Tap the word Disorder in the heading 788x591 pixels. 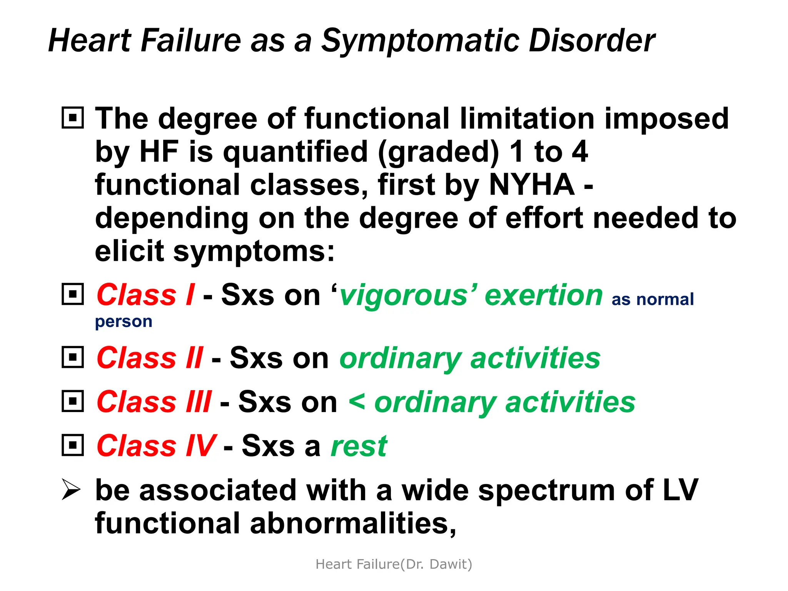pyautogui.click(x=592, y=41)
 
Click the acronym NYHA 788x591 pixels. pyautogui.click(x=532, y=185)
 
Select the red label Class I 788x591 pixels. pyautogui.click(x=145, y=295)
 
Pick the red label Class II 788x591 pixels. pyautogui.click(x=150, y=358)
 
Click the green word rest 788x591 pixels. pyautogui.click(x=359, y=446)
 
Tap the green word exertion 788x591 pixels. pyautogui.click(x=544, y=295)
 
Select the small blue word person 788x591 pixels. pyautogui.click(x=124, y=322)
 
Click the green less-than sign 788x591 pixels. pyautogui.click(x=357, y=401)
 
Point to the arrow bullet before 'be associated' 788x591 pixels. pyautogui.click(x=71, y=490)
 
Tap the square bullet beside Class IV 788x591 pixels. pyautogui.click(x=73, y=446)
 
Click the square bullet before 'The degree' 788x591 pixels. pyautogui.click(x=73, y=117)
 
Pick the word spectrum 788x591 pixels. pyautogui.click(x=546, y=491)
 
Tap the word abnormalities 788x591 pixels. pyautogui.click(x=352, y=524)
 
